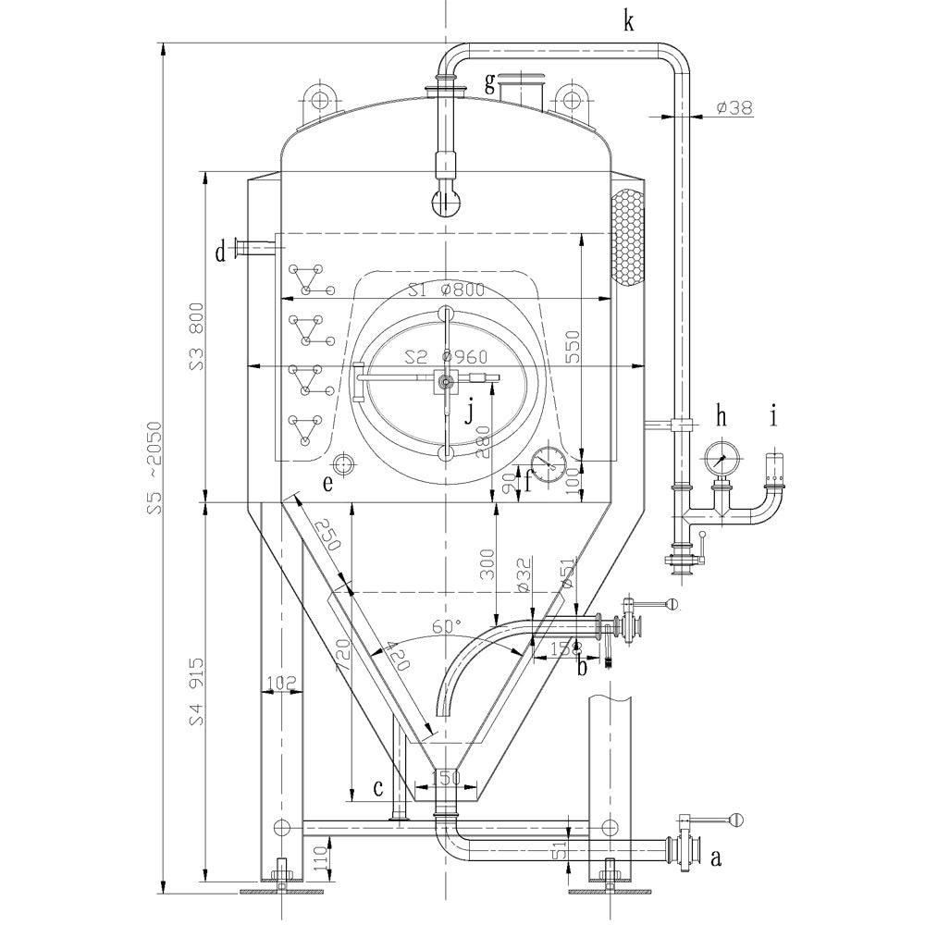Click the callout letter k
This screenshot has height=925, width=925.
coord(629,21)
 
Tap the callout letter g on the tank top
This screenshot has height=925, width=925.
coord(489,83)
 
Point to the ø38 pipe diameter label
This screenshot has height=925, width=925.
coord(734,108)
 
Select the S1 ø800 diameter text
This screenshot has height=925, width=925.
coord(446,290)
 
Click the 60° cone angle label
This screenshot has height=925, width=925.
coord(446,627)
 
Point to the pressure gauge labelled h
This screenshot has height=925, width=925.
coord(721,456)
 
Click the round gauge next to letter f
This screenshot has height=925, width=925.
coord(549,462)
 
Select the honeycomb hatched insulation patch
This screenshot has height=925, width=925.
coord(627,238)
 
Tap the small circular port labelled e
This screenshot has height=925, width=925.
coord(343,462)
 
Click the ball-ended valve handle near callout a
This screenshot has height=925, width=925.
coord(735,819)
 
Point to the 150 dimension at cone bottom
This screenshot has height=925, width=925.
coord(446,779)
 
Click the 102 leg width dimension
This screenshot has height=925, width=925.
coord(280,683)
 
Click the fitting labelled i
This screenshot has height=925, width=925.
coord(775,472)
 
